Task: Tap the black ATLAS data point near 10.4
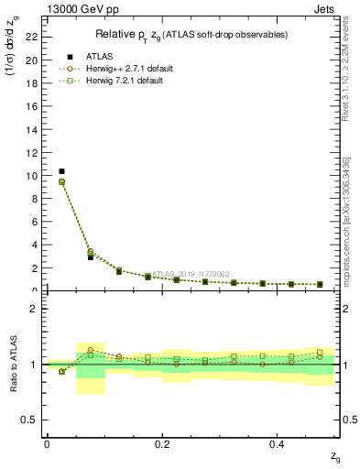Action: click(61, 171)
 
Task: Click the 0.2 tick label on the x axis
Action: click(162, 444)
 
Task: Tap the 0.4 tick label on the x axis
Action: click(278, 444)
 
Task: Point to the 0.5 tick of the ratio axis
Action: click(35, 420)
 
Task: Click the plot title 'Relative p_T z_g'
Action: click(191, 35)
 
